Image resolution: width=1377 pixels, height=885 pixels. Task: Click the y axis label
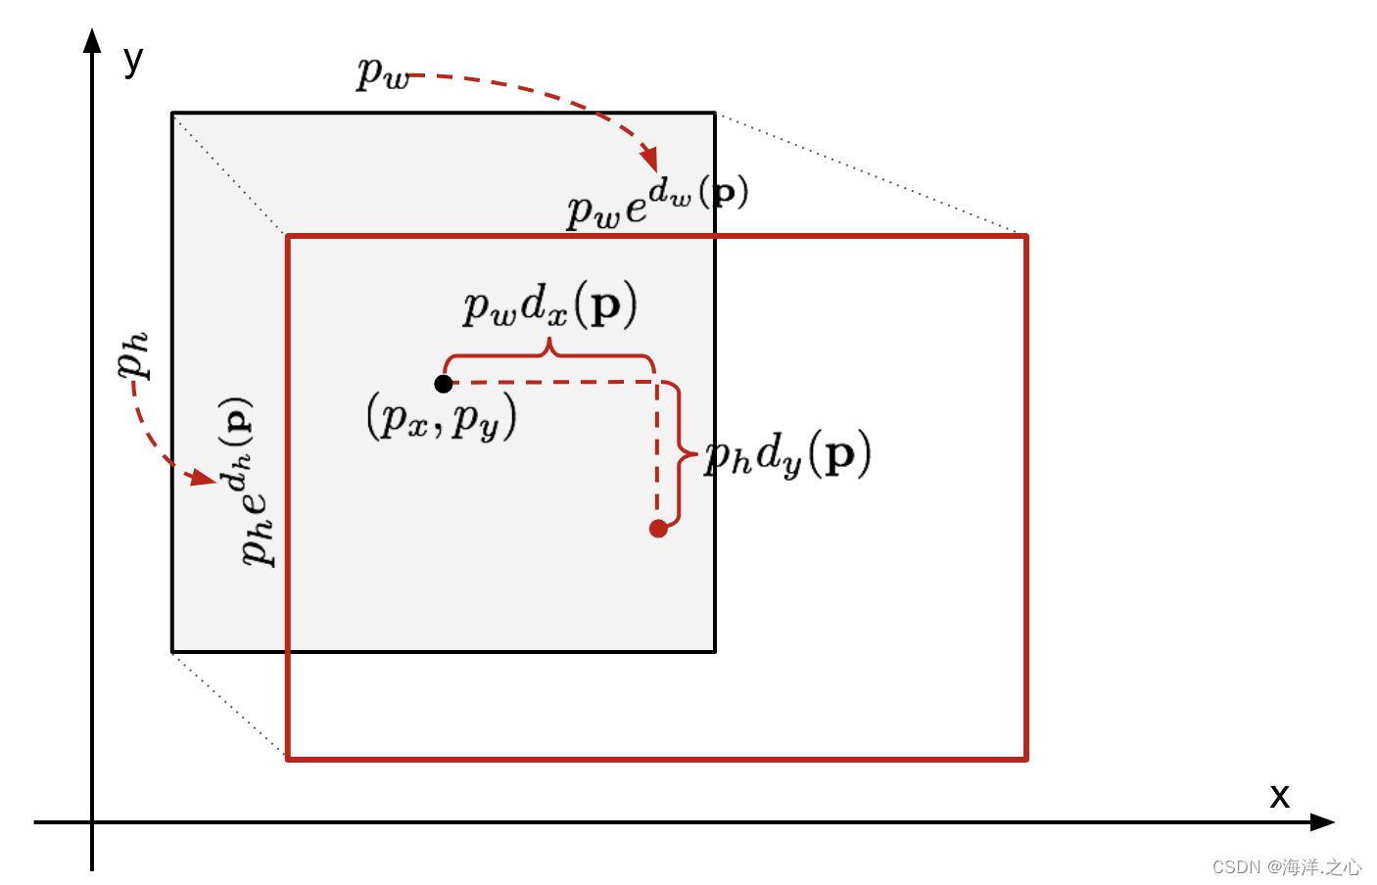(x=133, y=60)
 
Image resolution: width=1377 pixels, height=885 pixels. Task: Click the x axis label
(x=1279, y=795)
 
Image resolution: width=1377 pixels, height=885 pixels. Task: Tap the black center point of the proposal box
(x=444, y=384)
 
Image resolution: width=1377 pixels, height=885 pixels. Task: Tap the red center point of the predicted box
(x=658, y=529)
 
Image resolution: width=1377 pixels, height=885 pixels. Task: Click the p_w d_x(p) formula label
(x=549, y=305)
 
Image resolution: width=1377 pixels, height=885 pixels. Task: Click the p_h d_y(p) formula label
(x=787, y=455)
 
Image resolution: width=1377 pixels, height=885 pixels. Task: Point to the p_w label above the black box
(x=382, y=73)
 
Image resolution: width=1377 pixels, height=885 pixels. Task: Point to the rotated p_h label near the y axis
(x=132, y=354)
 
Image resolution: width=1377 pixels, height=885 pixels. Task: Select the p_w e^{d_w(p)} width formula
(x=657, y=202)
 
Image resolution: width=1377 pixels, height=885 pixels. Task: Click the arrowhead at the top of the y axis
(x=92, y=40)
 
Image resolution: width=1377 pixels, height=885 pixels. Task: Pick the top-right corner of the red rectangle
(x=1025, y=236)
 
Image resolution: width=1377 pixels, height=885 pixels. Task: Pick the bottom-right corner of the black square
(x=715, y=651)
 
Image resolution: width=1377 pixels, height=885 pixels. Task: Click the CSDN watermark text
(x=1286, y=867)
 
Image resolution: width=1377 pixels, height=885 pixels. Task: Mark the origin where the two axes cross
(x=92, y=822)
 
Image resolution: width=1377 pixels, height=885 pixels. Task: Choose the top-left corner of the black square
(x=172, y=114)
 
